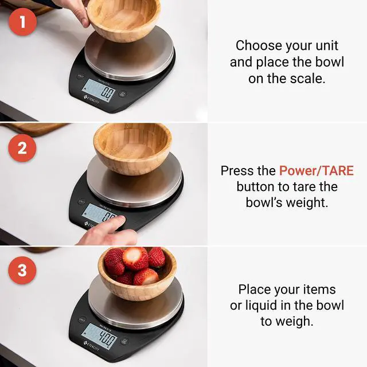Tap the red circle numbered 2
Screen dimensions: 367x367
pyautogui.click(x=22, y=147)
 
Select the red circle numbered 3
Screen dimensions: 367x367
pyautogui.click(x=22, y=270)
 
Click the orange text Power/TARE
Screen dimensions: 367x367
pyautogui.click(x=317, y=171)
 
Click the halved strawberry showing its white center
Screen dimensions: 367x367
pyautogui.click(x=135, y=259)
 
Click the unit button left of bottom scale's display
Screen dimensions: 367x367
pyautogui.click(x=81, y=319)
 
